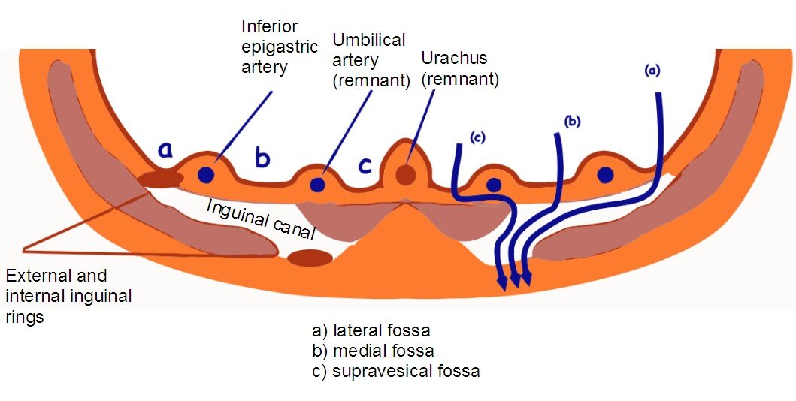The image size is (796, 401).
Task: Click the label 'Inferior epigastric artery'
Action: [265, 47]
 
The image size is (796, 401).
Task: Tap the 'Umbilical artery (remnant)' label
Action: [370, 60]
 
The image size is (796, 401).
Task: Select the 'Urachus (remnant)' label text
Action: [460, 68]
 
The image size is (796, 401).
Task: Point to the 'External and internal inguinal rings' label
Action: [68, 296]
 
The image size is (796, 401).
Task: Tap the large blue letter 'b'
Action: [262, 158]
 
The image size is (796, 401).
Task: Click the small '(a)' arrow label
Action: [652, 71]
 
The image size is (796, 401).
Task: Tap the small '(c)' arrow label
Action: [477, 137]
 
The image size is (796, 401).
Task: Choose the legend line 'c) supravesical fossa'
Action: [395, 371]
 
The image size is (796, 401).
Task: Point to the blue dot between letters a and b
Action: [206, 175]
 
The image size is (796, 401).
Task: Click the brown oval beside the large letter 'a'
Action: [160, 179]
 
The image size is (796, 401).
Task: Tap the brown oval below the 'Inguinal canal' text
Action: [310, 258]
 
